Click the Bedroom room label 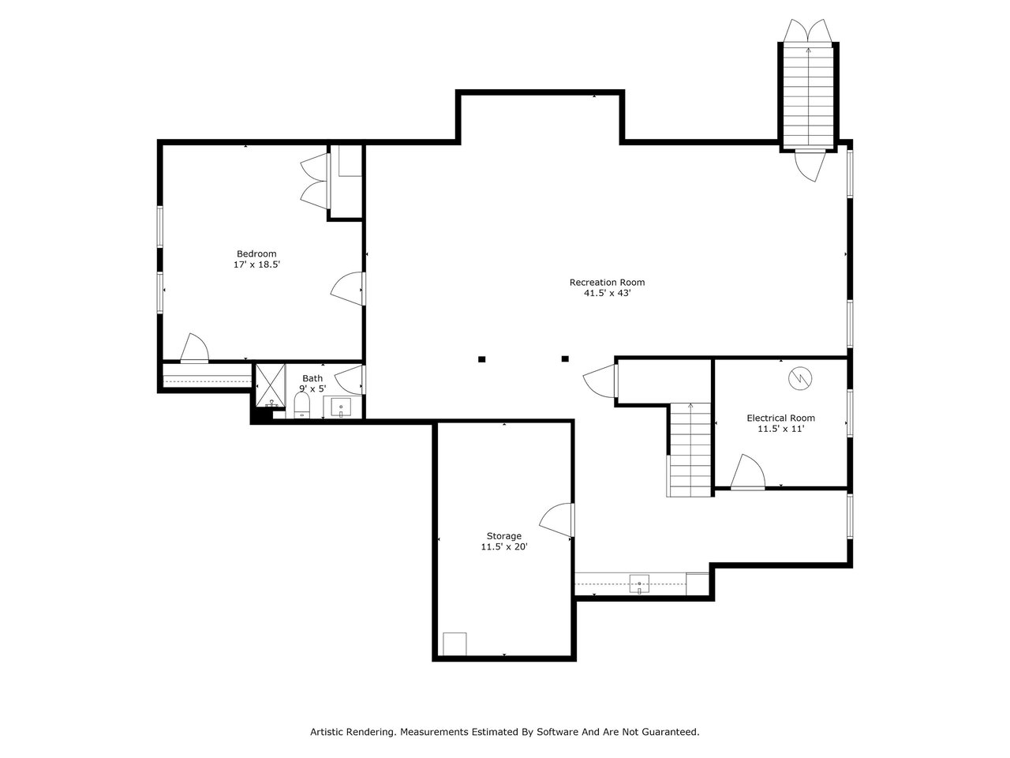tap(256, 253)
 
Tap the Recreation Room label tap(607, 282)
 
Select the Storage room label tap(504, 536)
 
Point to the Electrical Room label tap(780, 418)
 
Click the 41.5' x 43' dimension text tap(607, 293)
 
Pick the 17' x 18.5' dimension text tap(256, 265)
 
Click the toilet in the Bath tap(302, 405)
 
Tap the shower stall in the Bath tap(270, 385)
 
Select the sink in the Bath tap(341, 407)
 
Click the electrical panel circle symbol tap(800, 379)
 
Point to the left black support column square tap(482, 359)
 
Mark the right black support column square tap(565, 359)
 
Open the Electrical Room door tap(747, 471)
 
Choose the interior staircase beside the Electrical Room tap(690, 450)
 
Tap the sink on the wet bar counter tap(639, 584)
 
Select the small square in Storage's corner tap(454, 644)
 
